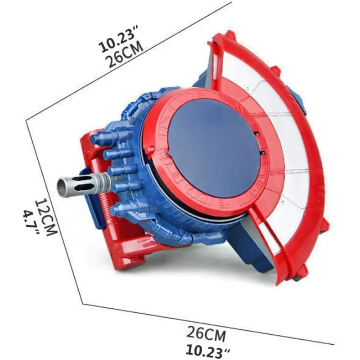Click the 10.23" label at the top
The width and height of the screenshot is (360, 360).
pos(118,41)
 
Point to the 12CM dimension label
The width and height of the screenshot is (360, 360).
pos(46,217)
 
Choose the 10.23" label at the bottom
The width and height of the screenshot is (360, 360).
pos(208,351)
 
